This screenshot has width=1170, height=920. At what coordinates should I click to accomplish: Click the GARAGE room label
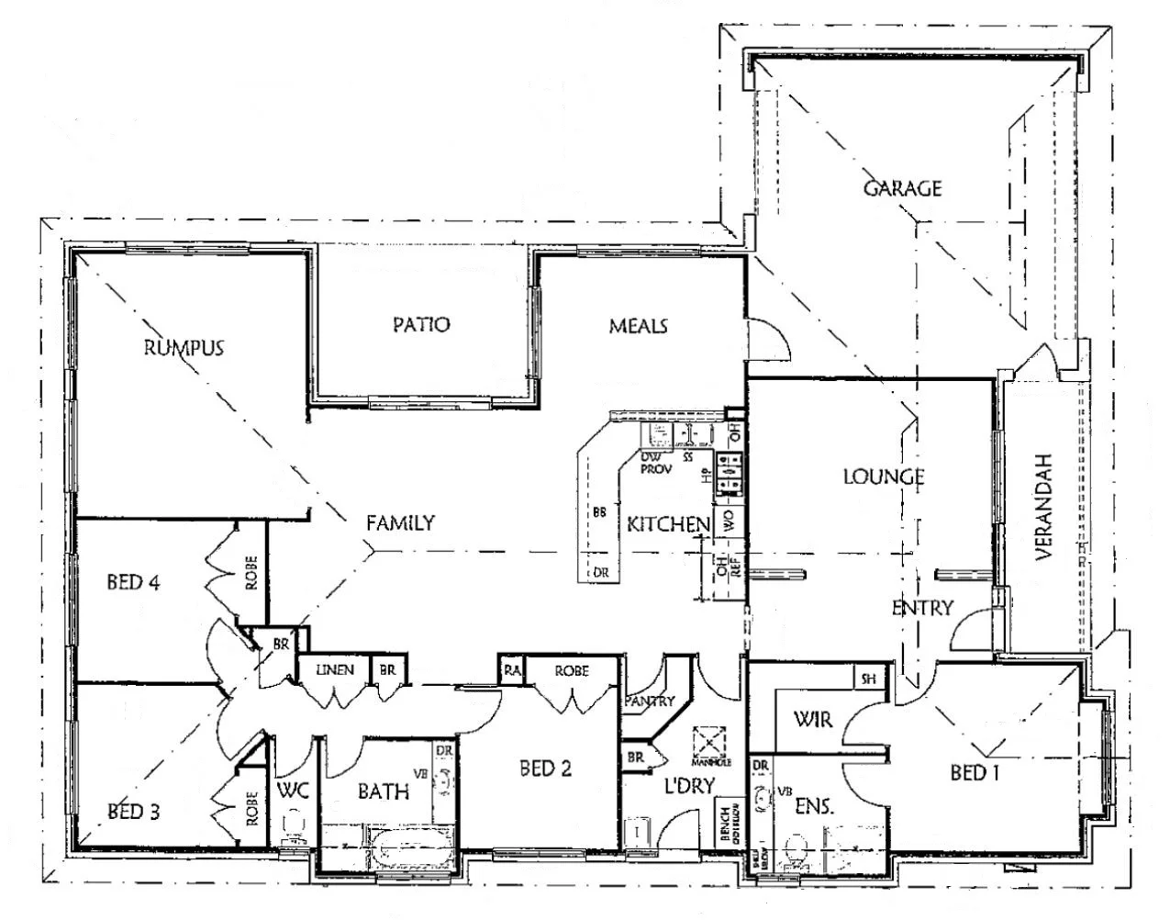click(x=902, y=188)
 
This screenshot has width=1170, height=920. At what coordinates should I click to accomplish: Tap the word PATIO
click(x=421, y=324)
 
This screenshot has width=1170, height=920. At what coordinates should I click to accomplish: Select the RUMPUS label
click(x=184, y=347)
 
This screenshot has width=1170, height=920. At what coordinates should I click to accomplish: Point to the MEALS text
click(x=638, y=326)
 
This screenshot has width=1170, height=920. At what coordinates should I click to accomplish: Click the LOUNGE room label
click(x=883, y=477)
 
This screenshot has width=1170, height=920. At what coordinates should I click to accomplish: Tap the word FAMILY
click(x=400, y=522)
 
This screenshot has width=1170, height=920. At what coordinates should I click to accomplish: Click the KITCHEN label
click(x=668, y=524)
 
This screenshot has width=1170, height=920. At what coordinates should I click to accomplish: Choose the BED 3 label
click(x=135, y=812)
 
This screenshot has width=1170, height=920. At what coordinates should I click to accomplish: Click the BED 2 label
click(x=545, y=769)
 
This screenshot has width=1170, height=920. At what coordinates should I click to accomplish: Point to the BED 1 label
click(x=974, y=773)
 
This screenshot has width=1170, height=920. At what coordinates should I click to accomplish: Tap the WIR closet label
click(x=812, y=719)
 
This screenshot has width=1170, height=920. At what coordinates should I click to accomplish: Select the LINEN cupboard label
click(x=334, y=669)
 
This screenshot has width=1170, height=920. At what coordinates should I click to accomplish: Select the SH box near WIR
click(x=867, y=679)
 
